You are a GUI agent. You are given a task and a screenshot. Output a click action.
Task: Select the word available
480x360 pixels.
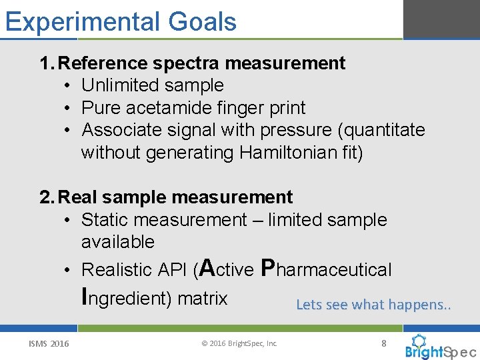click(118, 242)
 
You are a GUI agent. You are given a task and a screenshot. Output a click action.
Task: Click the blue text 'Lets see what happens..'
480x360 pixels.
click(373, 305)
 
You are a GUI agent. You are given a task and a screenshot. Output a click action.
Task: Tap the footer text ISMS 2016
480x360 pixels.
click(49, 344)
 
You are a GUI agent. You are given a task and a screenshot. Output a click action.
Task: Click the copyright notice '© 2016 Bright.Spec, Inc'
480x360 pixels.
click(239, 344)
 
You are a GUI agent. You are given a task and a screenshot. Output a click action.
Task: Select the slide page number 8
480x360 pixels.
click(383, 343)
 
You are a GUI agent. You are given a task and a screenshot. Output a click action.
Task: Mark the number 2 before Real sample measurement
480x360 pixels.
click(45, 197)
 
